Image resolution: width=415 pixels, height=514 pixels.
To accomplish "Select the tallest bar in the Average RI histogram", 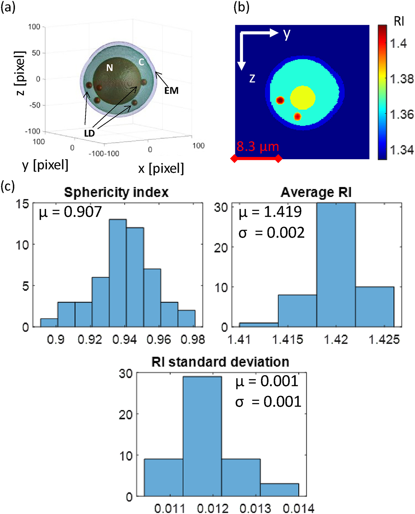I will point(336,265).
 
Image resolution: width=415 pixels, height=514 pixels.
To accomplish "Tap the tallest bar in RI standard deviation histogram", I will point(202,436).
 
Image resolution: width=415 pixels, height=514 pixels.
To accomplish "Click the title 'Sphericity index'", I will point(116,192).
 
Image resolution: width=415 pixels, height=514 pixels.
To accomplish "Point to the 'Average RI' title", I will point(316,192).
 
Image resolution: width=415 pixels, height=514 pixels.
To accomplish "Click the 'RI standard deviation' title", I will point(220,362).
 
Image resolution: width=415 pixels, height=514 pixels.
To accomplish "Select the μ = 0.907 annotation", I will point(71,212).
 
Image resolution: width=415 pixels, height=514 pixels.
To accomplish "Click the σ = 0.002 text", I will point(271,232).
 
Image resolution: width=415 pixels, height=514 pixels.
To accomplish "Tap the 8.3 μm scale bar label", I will point(258,147).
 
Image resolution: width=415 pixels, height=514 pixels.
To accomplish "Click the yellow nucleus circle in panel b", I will point(303,98).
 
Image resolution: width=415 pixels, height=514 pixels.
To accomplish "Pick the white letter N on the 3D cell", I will point(110,68).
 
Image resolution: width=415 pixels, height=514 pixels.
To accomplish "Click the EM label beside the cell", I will point(171,91).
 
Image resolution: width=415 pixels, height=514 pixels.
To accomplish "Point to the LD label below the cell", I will point(89,133).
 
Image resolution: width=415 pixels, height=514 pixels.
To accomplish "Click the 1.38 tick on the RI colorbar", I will point(402,79).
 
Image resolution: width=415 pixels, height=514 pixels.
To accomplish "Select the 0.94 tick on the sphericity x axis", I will point(124,339).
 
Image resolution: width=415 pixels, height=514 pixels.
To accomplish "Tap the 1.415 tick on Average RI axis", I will point(288,339).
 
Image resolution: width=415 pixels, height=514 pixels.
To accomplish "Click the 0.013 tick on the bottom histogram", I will point(256,508).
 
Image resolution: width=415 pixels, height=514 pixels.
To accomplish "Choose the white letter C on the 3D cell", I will point(141,62).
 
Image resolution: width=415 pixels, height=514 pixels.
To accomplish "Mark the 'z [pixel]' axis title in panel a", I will point(21,73).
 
